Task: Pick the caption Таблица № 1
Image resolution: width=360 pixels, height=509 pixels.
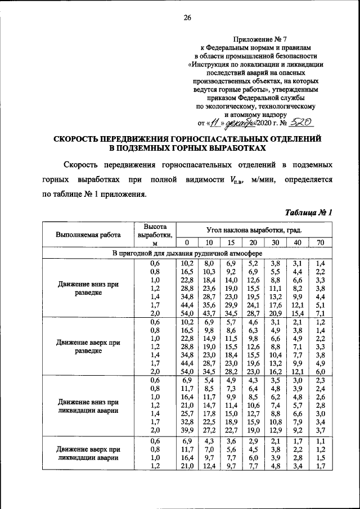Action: pos(309,213)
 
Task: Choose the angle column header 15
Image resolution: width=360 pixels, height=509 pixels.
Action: pos(230,242)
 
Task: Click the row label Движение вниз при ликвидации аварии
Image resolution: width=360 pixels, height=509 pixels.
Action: pos(88,407)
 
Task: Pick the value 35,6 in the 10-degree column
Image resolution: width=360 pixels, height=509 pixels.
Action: pos(209,304)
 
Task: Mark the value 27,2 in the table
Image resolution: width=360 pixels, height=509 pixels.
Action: pos(209,430)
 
